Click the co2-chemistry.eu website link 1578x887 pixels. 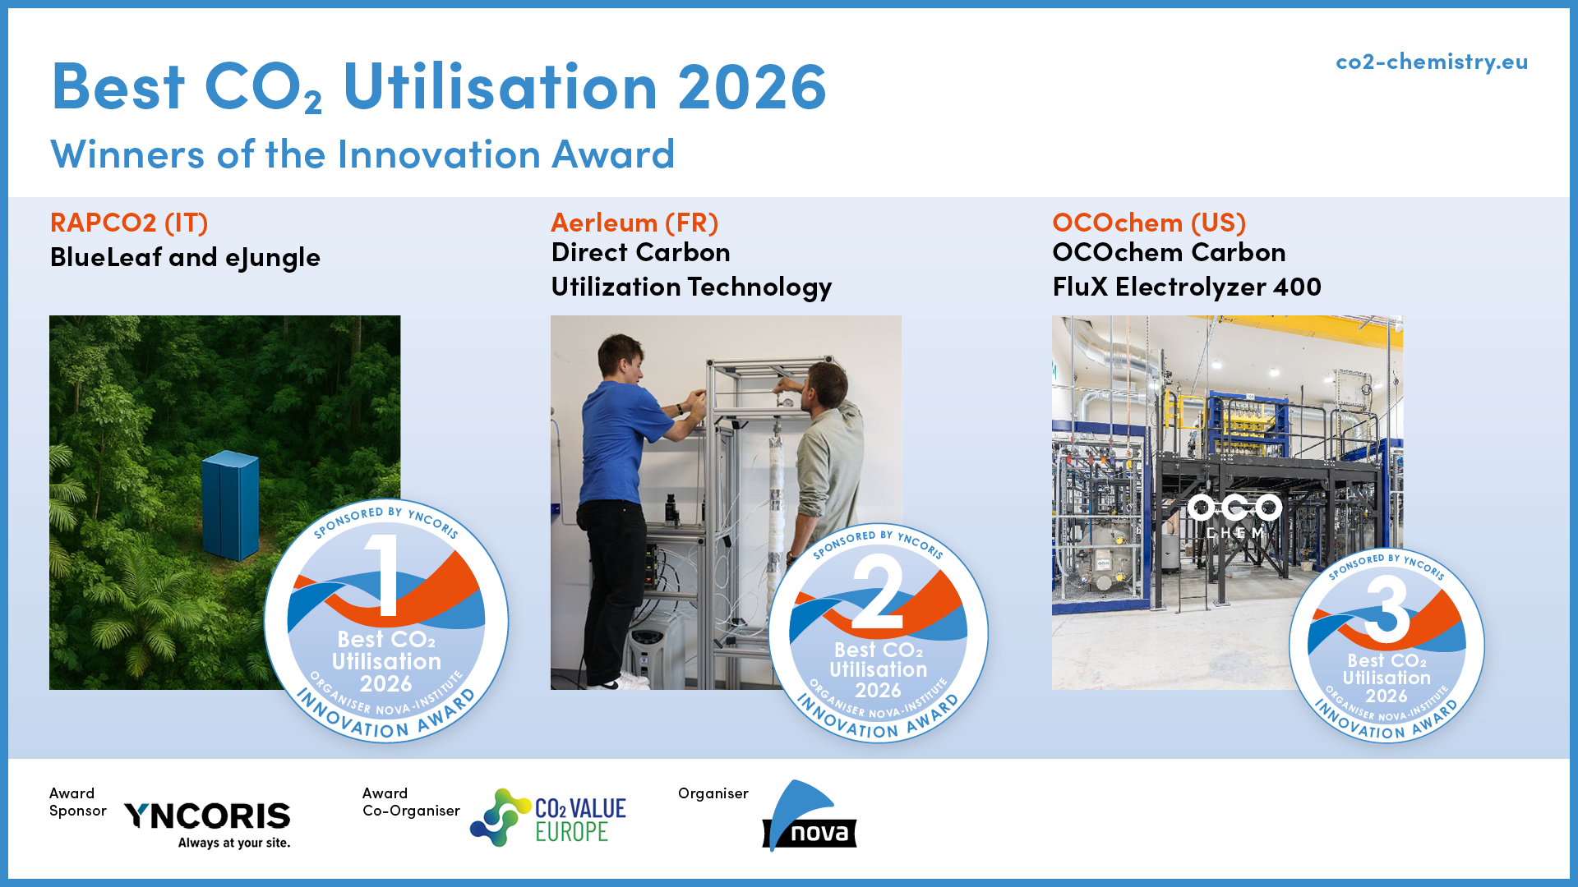point(1432,62)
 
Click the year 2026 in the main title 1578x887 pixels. point(752,86)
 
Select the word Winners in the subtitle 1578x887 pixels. point(127,154)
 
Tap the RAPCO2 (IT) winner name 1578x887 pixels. point(129,223)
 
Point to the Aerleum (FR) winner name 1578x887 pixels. point(634,223)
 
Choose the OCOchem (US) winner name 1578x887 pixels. point(1149,223)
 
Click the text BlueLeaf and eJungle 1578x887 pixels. point(185,258)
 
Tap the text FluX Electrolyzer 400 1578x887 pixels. point(1187,287)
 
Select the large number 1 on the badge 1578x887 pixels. point(385,575)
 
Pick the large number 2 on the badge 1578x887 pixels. point(877,591)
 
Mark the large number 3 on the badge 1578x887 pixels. point(1387,609)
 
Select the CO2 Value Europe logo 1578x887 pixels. point(548,818)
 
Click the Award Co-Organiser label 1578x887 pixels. point(411,802)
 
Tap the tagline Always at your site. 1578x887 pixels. point(234,843)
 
